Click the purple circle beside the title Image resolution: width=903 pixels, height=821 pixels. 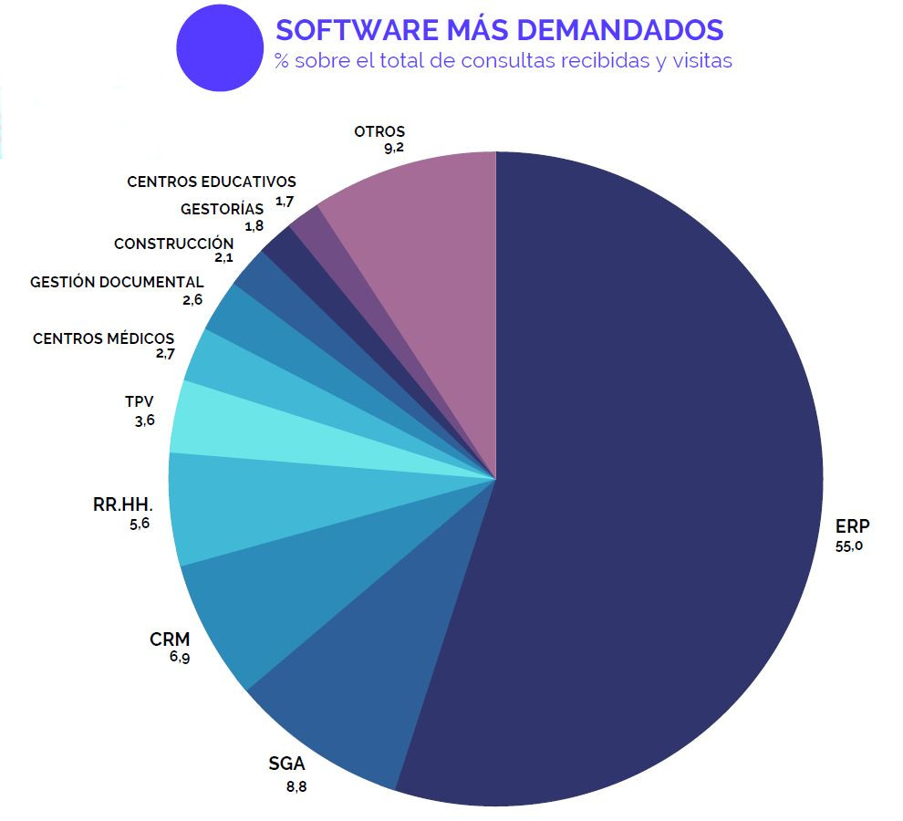[220, 48]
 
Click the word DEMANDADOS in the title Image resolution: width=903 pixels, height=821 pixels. [619, 29]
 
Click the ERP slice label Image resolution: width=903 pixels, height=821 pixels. [852, 526]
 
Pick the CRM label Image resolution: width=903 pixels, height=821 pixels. [170, 639]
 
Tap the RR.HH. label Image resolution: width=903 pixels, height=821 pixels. [122, 504]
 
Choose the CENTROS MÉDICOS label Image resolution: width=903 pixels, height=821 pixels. [103, 338]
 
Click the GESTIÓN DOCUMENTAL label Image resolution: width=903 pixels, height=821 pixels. [117, 283]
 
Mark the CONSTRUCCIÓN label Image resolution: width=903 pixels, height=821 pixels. [173, 244]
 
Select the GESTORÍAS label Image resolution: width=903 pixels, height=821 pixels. [222, 209]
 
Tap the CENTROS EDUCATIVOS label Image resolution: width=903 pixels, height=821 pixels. [212, 182]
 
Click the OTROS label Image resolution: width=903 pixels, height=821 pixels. [379, 131]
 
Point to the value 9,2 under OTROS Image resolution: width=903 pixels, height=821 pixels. [394, 149]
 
